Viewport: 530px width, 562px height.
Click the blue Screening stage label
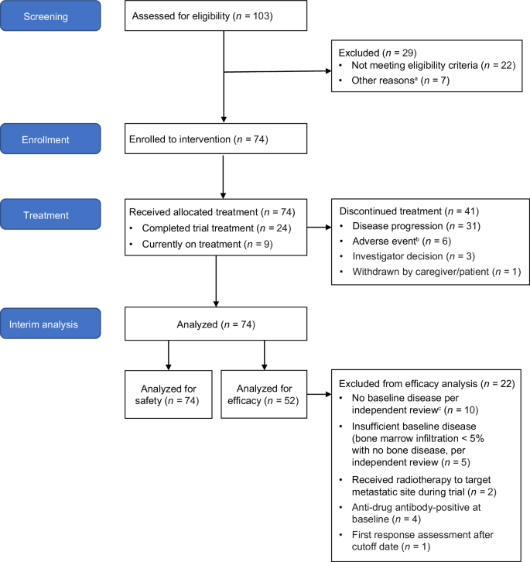click(x=53, y=16)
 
